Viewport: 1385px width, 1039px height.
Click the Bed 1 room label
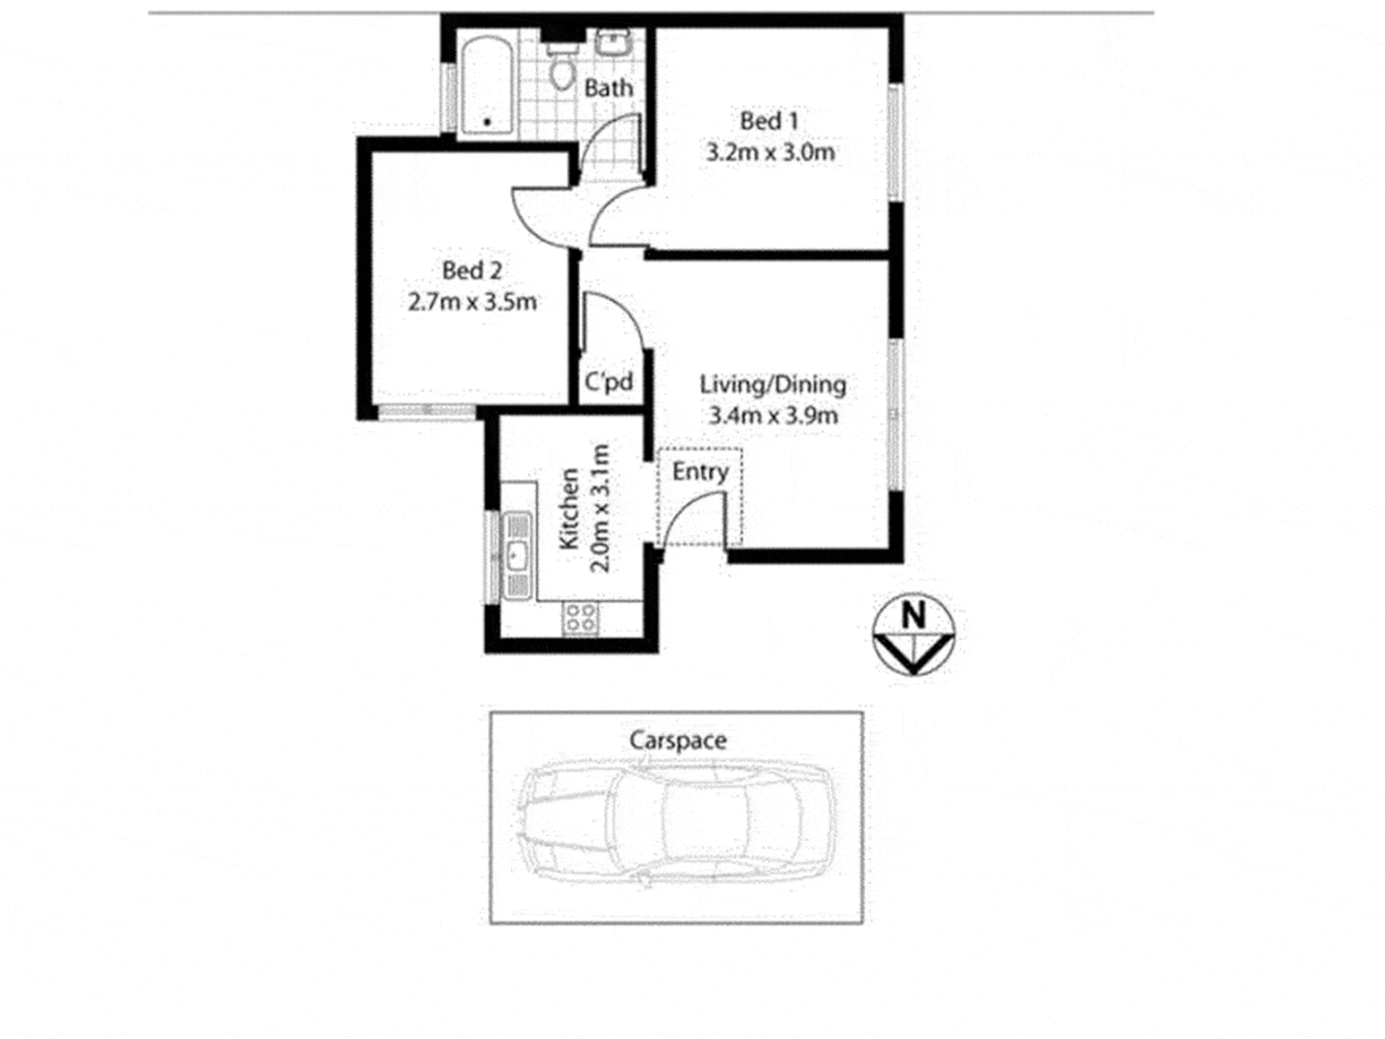(768, 121)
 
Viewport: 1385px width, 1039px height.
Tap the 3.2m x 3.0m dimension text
(769, 152)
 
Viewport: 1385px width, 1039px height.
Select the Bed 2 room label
(471, 271)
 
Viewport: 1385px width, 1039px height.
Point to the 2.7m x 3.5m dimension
(471, 302)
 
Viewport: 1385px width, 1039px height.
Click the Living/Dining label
(772, 385)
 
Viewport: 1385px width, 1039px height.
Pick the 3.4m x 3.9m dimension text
(772, 416)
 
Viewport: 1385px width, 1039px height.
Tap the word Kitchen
(568, 509)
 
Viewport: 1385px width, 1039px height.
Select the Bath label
(609, 89)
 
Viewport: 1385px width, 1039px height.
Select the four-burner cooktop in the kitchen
(579, 618)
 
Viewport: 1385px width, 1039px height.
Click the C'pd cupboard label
(610, 382)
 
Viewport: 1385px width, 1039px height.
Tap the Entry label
(699, 472)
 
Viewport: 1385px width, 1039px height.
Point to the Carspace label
(677, 741)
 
